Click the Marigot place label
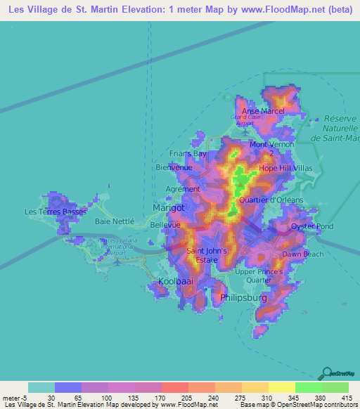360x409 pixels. pos(169,208)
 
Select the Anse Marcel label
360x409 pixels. pos(262,111)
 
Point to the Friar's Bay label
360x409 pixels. pos(188,153)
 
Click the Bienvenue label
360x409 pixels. pos(173,167)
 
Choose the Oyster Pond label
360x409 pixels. pos(312,226)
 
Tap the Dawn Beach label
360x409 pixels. pos(303,254)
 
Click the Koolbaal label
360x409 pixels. pos(175,281)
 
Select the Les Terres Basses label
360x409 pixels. pos(56,211)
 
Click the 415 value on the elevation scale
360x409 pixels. pos(346,397)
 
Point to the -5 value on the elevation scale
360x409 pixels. pos(25,397)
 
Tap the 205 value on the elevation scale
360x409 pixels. pos(186,397)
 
